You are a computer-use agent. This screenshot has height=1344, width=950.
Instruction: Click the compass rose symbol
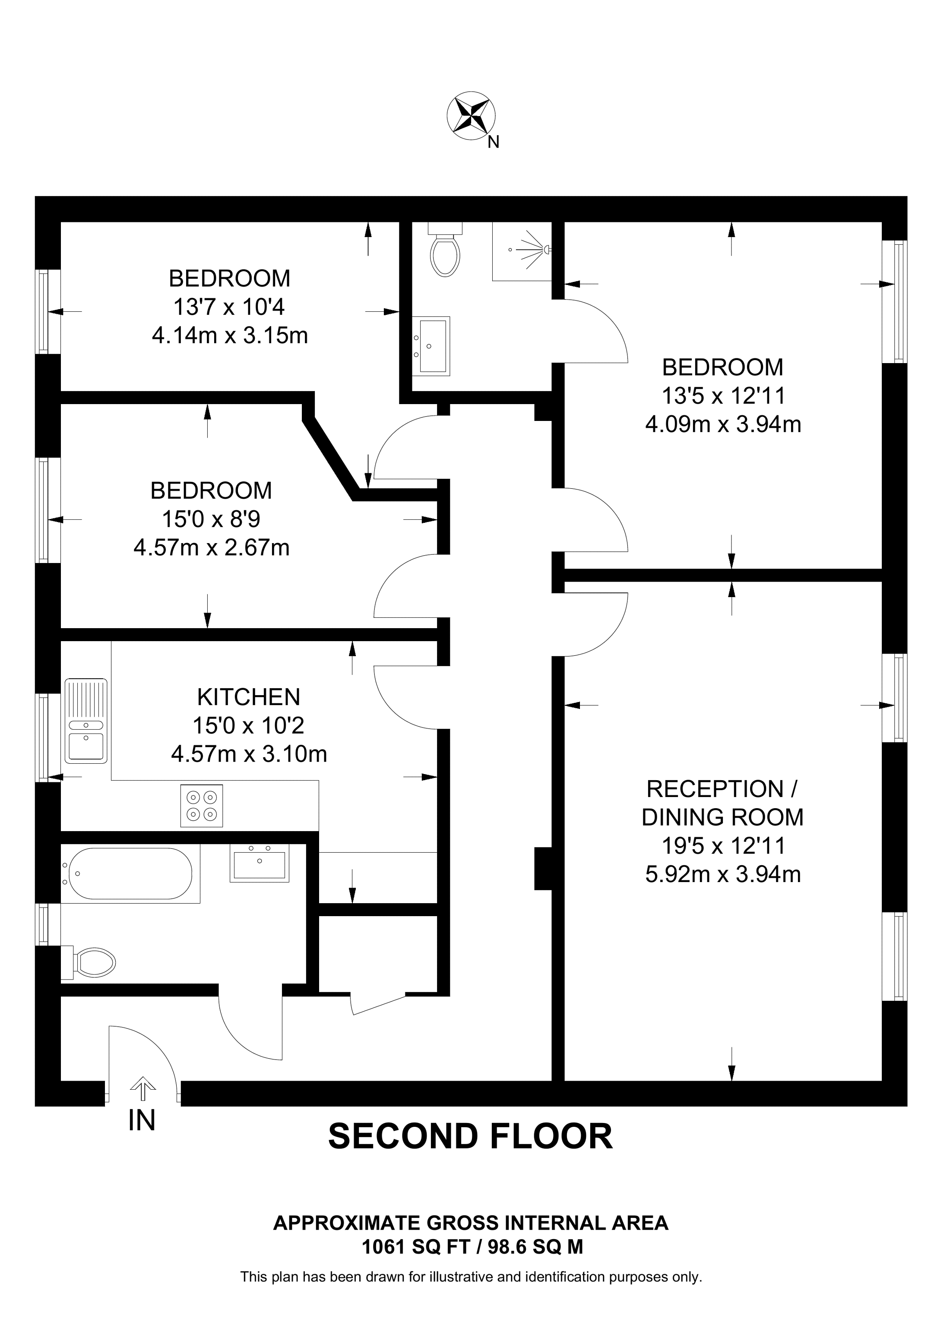pos(471,115)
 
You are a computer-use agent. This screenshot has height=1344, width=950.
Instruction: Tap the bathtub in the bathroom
pos(130,874)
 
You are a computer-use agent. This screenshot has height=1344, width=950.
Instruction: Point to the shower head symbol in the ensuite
pos(530,250)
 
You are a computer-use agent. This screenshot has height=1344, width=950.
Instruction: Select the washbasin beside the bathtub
pos(259,863)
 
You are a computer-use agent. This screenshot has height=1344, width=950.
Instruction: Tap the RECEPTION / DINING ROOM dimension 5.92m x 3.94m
pos(723,875)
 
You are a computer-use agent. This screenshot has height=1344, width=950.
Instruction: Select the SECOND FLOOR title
pos(470,1137)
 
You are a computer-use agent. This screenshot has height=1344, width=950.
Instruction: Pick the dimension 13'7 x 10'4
pos(229,307)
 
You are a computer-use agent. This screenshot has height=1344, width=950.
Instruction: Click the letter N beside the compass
pos(494,142)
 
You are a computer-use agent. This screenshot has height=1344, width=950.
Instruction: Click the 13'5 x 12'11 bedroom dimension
pos(723,396)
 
